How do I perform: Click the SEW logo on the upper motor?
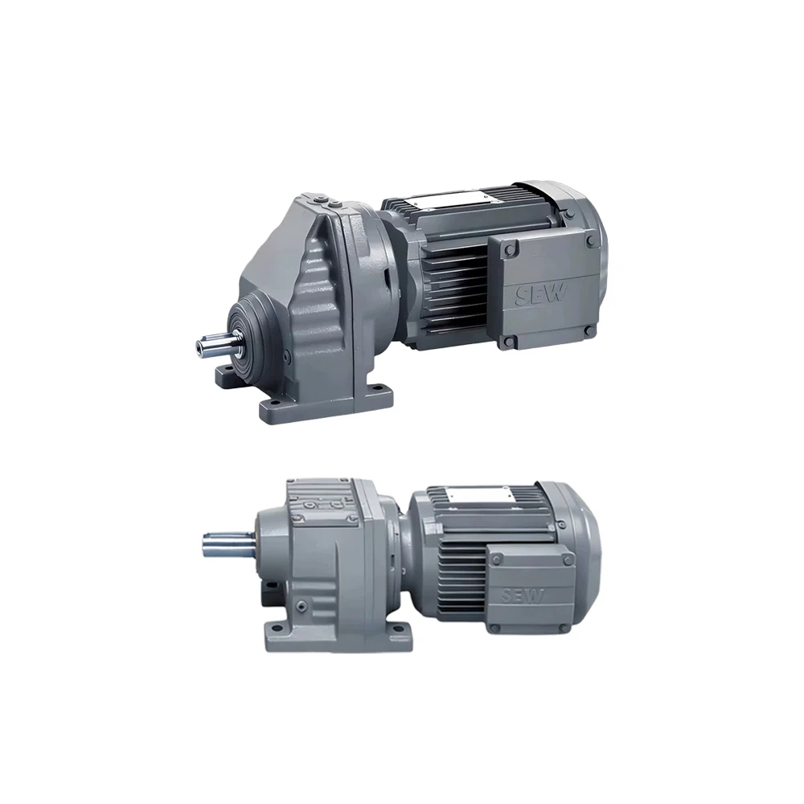coord(540,296)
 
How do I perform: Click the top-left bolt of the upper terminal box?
coord(509,250)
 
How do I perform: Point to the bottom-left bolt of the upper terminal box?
coord(508,342)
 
